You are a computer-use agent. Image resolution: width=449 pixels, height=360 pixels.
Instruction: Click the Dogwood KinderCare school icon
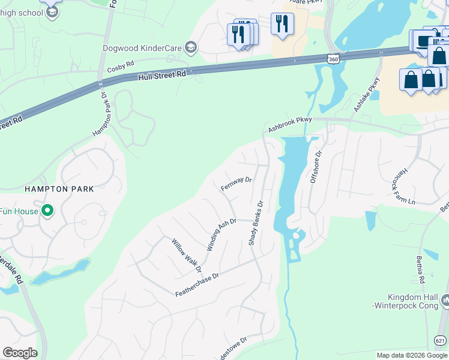point(191,47)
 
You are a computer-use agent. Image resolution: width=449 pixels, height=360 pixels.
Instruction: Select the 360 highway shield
point(333,59)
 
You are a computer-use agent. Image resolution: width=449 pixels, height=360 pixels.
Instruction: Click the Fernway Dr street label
point(236,184)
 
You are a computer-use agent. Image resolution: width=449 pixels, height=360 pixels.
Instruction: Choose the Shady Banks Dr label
point(256,222)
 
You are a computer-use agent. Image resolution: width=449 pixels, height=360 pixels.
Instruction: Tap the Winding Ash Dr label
point(221,235)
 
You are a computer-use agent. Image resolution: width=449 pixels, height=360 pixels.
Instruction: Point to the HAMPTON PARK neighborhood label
point(59,189)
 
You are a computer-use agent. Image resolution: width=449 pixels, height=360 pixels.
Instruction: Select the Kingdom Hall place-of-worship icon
point(445,299)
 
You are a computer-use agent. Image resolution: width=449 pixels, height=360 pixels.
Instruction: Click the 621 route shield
point(441,341)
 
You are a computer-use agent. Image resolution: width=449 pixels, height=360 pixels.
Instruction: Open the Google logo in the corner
point(20,353)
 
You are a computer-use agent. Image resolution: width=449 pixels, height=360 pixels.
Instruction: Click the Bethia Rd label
point(420,270)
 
